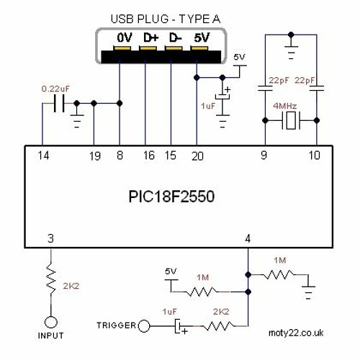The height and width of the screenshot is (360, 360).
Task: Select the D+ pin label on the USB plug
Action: pos(150,36)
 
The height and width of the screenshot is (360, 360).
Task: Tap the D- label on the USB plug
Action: pos(174,36)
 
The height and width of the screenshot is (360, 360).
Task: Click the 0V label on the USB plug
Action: pos(125,36)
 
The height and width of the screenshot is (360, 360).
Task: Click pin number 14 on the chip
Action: pos(44,155)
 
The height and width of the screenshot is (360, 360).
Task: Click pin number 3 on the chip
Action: pos(50,238)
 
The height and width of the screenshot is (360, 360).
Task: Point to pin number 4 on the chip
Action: pos(248,238)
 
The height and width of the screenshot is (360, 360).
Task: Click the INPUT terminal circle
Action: pos(50,322)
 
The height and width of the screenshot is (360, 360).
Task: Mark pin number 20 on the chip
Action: pos(197,155)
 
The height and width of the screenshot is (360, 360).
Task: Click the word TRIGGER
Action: pos(114,326)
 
